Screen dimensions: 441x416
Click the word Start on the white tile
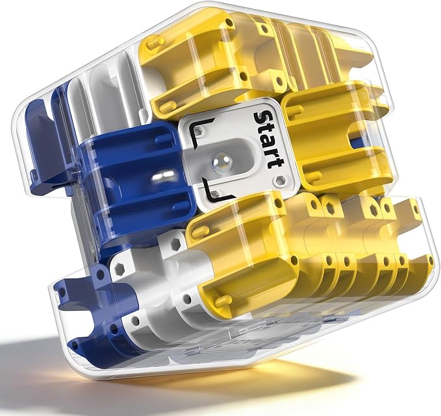point(268,139)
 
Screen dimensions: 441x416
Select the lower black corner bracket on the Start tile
point(216,194)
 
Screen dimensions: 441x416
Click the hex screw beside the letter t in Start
point(279,180)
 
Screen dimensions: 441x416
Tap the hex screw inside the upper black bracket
point(199,130)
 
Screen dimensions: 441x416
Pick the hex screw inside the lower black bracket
point(215,193)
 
